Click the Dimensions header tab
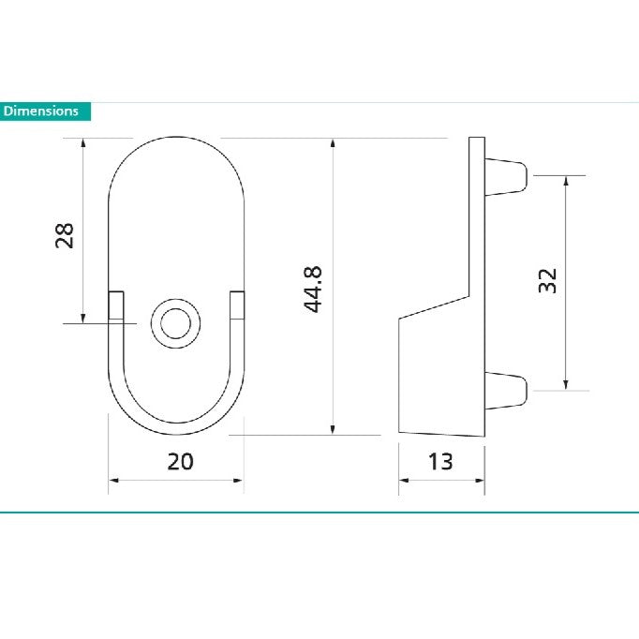pos(45,111)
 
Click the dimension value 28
pos(65,234)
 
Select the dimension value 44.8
pos(313,289)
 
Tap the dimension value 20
pos(180,461)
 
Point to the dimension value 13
pos(439,461)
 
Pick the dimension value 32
pos(548,281)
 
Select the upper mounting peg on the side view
pos(510,176)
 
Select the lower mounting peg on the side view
pos(510,389)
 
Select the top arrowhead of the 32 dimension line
pos(565,181)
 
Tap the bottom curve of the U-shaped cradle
pos(176,427)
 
